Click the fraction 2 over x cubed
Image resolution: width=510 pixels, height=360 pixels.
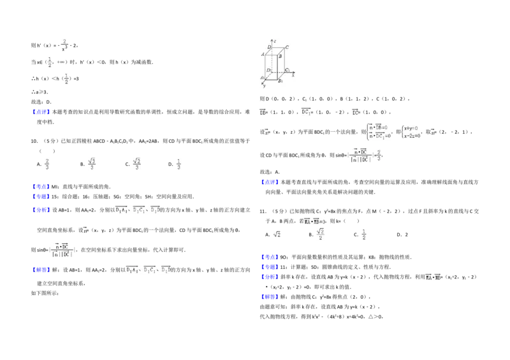64,45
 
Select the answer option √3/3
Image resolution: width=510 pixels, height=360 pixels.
92,163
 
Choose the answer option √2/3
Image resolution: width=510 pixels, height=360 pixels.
137,163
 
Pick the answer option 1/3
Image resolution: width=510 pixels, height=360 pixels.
178,164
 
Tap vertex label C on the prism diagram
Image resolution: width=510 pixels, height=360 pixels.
288,47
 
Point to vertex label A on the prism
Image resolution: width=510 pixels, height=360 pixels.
263,55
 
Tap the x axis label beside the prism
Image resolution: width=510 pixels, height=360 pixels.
293,75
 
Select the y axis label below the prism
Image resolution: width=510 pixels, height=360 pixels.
264,86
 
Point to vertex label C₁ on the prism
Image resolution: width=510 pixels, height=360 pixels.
288,69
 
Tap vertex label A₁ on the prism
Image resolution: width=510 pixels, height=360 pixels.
261,78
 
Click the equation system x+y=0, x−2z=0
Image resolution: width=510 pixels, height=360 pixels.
411,132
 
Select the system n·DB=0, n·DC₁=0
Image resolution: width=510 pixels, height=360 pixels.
377,132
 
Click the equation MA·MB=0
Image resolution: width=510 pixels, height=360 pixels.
314,221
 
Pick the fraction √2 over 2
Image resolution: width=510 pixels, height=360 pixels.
321,234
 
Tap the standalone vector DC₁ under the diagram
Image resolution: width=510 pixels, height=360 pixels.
306,112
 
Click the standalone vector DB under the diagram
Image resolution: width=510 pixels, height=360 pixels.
261,112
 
